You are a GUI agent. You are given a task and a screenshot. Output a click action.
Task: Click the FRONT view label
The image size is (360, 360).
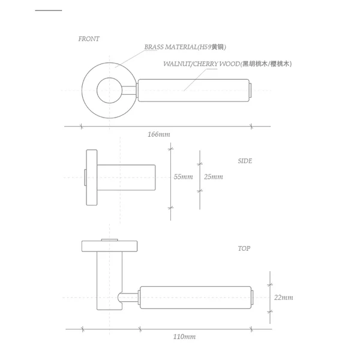(89, 39)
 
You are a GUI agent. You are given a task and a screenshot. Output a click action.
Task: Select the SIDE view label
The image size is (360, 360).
(245, 161)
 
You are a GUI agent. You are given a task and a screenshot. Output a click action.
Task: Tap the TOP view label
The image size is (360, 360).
(244, 248)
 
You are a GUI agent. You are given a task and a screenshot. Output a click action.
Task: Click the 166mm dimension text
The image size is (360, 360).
(159, 134)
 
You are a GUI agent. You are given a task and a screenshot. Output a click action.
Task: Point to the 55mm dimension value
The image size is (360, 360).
(183, 177)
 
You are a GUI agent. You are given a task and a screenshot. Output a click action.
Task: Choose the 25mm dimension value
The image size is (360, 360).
(214, 177)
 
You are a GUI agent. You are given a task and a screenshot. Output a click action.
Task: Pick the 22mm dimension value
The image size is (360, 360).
(284, 298)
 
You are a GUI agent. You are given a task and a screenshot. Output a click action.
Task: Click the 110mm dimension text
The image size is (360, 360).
(184, 337)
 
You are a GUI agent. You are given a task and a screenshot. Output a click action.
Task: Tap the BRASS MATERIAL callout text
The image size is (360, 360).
(185, 47)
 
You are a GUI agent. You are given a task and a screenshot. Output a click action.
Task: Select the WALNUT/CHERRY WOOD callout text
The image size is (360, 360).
(227, 64)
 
